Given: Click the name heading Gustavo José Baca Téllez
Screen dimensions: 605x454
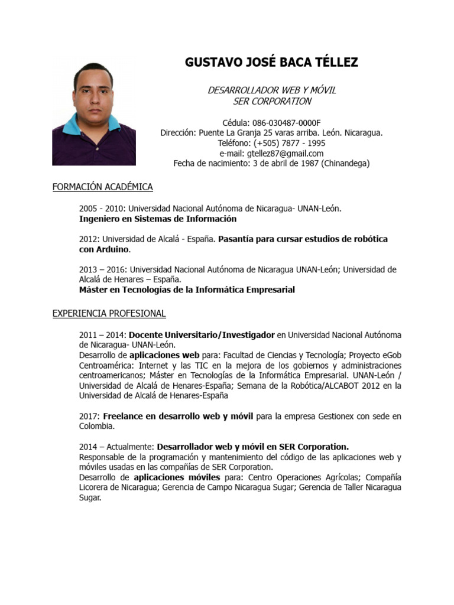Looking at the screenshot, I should (x=271, y=62).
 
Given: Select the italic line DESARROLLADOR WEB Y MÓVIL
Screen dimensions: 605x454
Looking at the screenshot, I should (x=271, y=90).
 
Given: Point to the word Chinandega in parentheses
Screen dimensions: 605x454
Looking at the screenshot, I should (x=345, y=164).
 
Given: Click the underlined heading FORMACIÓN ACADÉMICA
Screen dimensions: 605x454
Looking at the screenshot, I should (x=102, y=187).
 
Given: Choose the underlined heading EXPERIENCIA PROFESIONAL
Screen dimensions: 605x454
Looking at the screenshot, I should (x=109, y=313).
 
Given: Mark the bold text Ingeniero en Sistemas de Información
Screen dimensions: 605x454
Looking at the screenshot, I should (x=157, y=219).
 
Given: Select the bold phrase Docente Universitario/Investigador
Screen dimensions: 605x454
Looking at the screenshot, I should (x=202, y=335).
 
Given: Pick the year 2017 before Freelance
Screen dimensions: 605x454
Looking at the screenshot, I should (x=89, y=417).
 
